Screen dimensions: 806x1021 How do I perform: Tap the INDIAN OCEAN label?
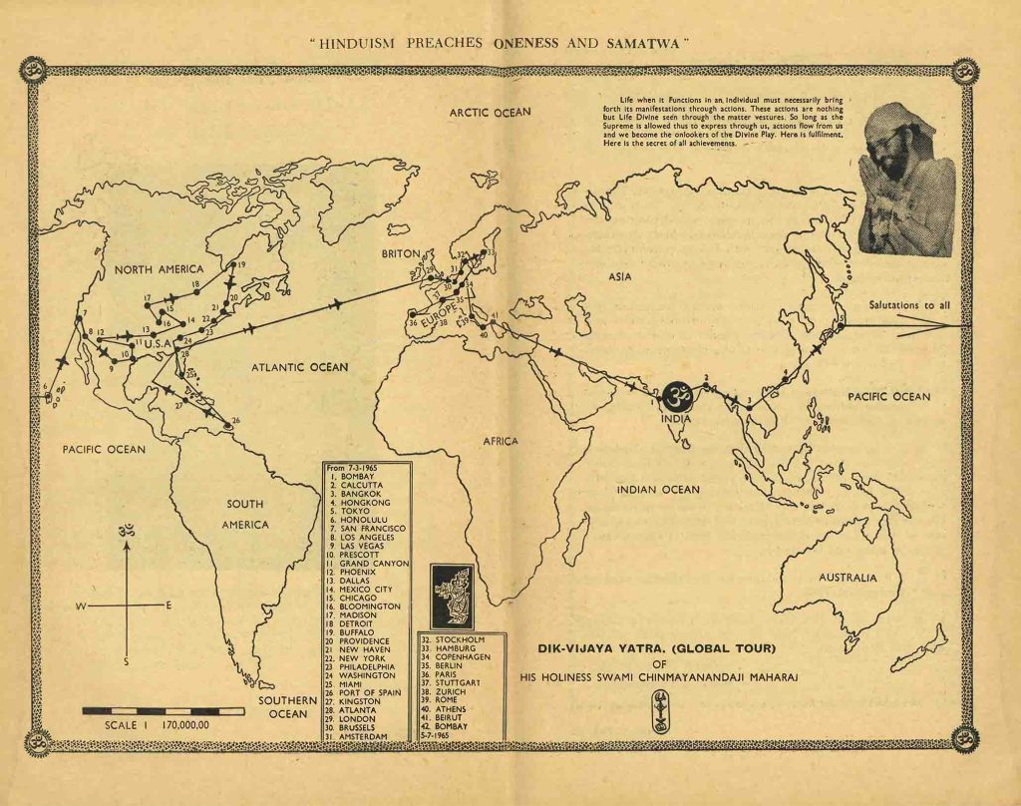click(x=658, y=490)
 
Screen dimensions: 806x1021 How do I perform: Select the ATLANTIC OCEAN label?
click(x=300, y=367)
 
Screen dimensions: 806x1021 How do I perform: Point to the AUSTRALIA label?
click(x=848, y=578)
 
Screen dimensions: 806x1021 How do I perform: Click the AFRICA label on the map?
click(x=502, y=440)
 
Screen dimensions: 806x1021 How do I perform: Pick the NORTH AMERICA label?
click(x=159, y=269)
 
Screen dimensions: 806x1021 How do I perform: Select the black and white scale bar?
click(x=163, y=711)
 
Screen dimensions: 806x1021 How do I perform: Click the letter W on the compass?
click(x=81, y=605)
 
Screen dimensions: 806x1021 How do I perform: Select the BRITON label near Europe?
click(x=401, y=254)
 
